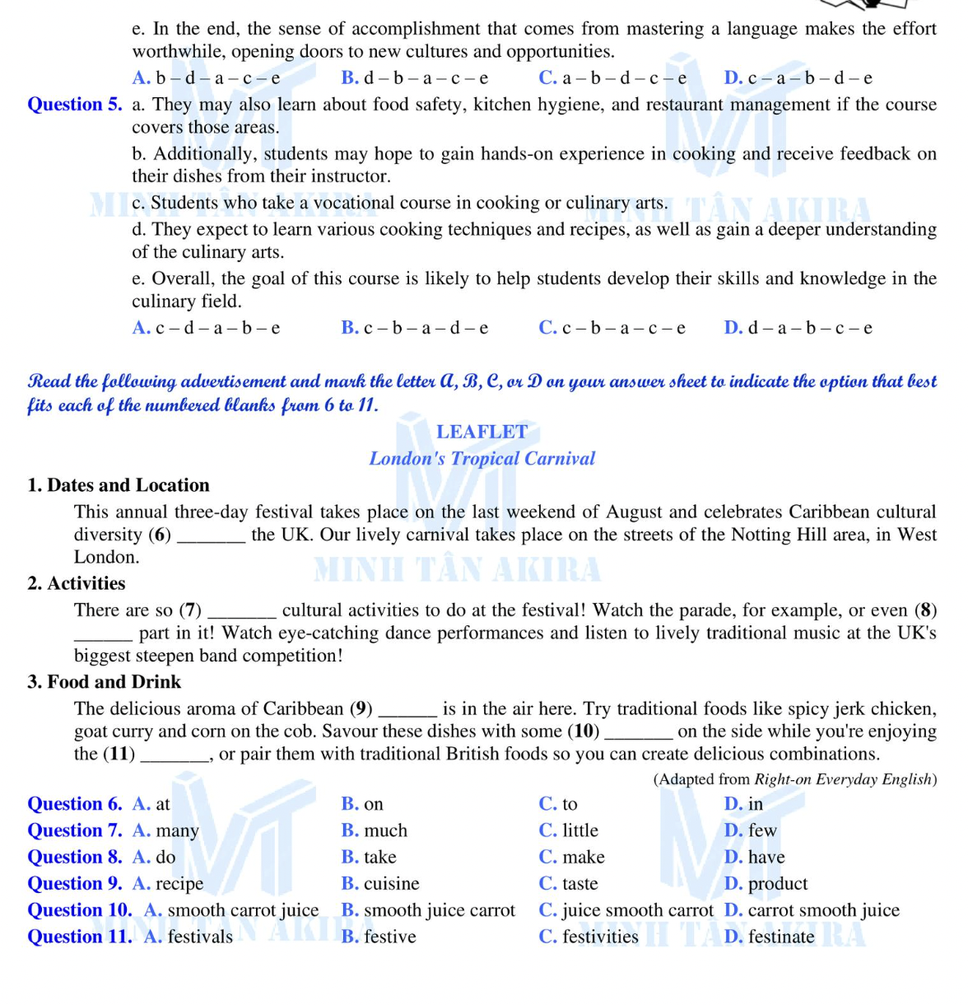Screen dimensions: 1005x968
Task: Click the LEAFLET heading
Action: click(x=482, y=432)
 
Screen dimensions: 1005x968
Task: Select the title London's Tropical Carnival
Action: click(x=482, y=459)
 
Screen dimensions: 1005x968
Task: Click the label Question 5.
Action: click(x=74, y=105)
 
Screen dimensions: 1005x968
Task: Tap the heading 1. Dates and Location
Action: click(x=119, y=485)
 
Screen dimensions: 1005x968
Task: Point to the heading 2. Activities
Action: click(x=77, y=584)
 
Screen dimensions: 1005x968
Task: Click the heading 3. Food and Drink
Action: click(x=104, y=682)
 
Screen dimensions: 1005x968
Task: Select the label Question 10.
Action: click(x=79, y=910)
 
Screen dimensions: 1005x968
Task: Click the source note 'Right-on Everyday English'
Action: click(x=843, y=779)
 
